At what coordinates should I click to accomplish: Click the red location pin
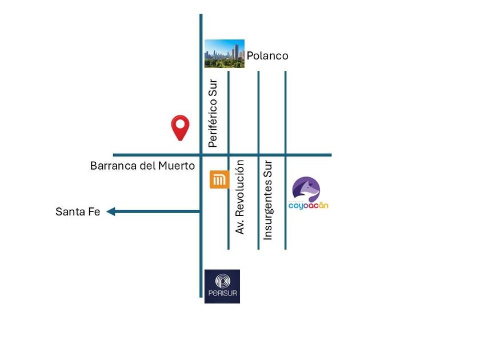181,127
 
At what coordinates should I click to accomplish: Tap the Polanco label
267,56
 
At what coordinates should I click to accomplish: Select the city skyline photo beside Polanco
225,54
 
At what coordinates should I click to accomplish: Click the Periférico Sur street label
213,113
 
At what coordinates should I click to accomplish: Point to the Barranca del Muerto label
142,166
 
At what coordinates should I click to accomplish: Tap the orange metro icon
219,179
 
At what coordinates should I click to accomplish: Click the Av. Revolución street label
241,197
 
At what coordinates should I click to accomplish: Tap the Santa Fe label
78,211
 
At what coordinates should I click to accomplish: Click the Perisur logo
222,286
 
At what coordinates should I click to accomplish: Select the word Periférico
213,122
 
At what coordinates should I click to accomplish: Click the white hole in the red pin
181,123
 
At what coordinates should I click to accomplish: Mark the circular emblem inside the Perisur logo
222,282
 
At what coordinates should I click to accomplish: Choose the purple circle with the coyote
306,189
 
